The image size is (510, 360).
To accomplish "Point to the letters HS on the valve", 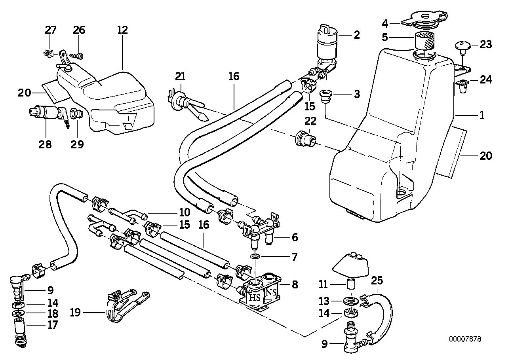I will tap(254, 297).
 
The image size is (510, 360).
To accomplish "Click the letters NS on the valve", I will tap(270, 293).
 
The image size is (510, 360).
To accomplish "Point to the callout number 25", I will tap(377, 281).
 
